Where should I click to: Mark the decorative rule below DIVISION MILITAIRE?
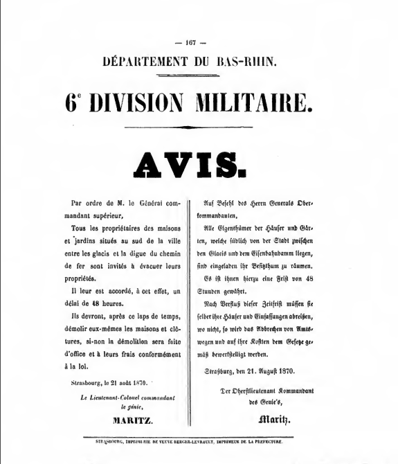(199, 127)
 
